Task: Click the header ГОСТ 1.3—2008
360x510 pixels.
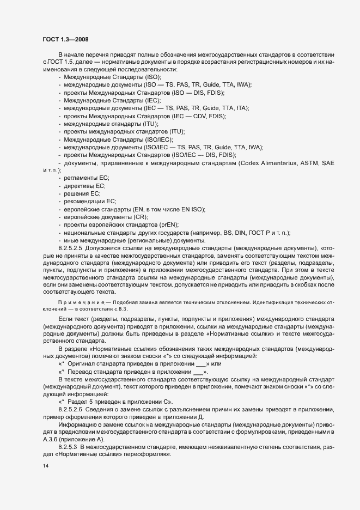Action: tap(65, 39)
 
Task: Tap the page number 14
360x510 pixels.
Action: tap(45, 466)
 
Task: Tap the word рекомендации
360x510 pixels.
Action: tap(81, 201)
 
